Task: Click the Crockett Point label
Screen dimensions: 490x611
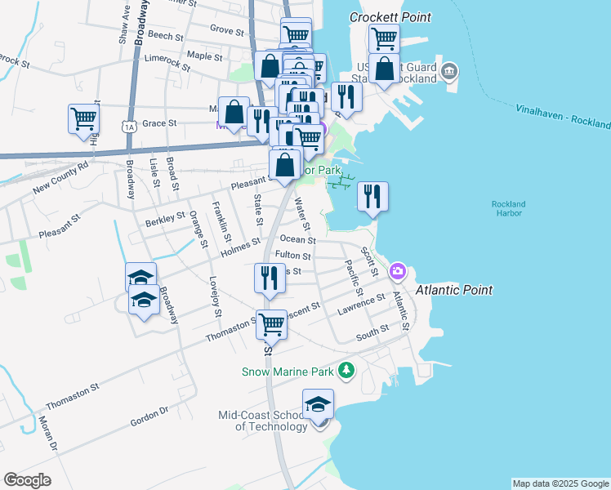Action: click(x=390, y=17)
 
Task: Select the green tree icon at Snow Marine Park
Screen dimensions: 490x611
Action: click(x=347, y=371)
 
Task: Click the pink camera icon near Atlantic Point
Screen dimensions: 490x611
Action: click(x=398, y=270)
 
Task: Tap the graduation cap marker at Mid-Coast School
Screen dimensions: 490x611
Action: click(x=318, y=404)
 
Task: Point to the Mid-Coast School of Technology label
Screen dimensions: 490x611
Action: click(x=262, y=421)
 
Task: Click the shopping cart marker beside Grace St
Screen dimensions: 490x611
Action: click(x=83, y=119)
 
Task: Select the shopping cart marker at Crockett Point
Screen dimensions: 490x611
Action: click(x=383, y=38)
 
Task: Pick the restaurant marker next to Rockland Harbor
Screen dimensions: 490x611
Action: click(x=372, y=196)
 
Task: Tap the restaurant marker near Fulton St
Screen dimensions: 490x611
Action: click(x=269, y=278)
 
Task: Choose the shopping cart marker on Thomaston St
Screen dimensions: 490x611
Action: click(x=271, y=324)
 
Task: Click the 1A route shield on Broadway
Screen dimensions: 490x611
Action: click(x=128, y=126)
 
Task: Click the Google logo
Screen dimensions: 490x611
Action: click(x=27, y=480)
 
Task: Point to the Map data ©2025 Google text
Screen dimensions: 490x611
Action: click(x=560, y=483)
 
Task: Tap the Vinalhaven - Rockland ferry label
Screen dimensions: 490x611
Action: click(x=563, y=117)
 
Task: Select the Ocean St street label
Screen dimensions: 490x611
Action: click(x=297, y=240)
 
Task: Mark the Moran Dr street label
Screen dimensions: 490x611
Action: click(x=48, y=434)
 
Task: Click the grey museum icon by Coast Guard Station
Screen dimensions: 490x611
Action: click(x=448, y=72)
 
